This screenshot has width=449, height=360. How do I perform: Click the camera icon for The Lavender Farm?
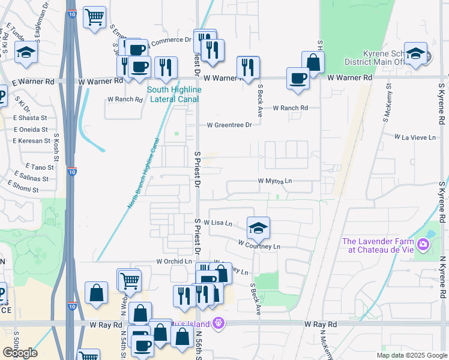coord(423,244)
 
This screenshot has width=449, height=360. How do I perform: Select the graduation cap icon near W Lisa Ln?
coord(259,228)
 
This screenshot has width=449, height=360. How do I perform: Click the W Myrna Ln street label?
coord(275,181)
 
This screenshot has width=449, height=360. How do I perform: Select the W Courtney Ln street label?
coord(259,245)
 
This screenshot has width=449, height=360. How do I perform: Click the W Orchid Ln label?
coord(174,262)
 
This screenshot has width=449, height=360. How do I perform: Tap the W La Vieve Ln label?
coord(415,137)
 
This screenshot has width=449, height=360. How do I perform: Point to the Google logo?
coord(20,352)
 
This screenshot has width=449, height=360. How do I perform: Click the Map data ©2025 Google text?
coord(412,355)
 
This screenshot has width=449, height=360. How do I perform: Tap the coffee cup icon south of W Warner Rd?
coord(298,80)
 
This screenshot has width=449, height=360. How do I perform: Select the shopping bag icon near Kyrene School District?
coord(313,62)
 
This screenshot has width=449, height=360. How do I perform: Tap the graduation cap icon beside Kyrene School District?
coord(415,53)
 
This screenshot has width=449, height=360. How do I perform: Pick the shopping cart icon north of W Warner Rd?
coord(94,18)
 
